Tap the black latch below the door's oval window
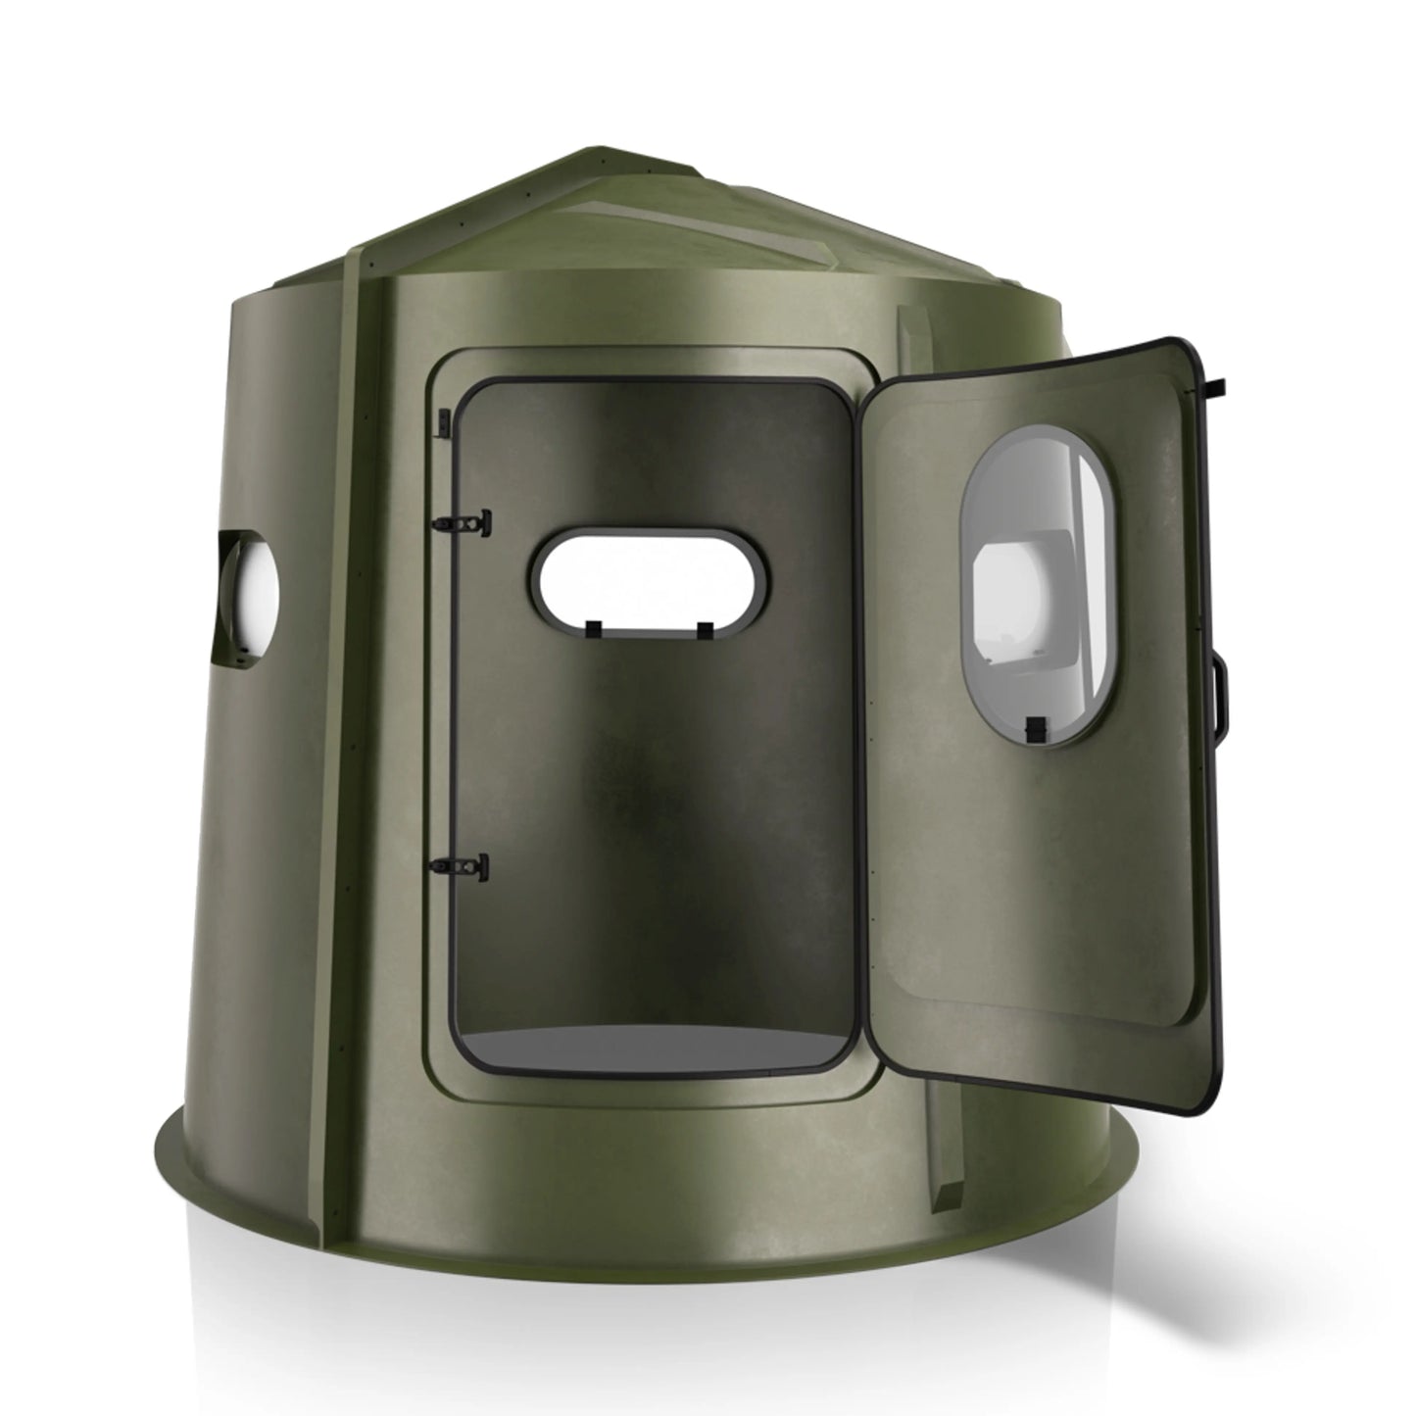point(1033,729)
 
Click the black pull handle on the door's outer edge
point(1222,698)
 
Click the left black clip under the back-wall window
point(593,626)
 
